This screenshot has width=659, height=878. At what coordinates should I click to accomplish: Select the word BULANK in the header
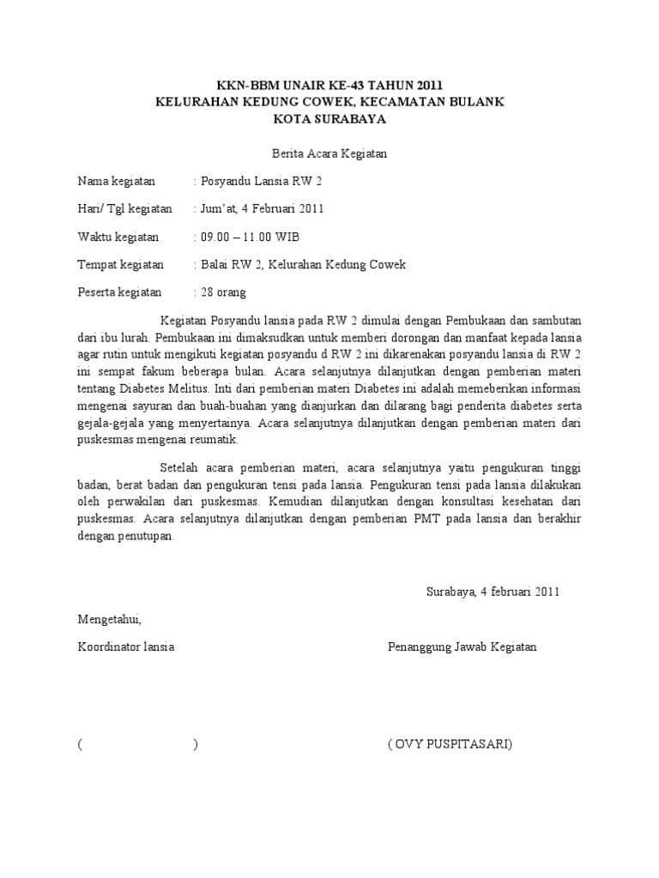click(478, 102)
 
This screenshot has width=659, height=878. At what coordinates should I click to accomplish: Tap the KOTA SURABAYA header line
click(329, 119)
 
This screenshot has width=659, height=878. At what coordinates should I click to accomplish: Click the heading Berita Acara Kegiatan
click(329, 154)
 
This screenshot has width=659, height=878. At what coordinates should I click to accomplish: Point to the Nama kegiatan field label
click(117, 181)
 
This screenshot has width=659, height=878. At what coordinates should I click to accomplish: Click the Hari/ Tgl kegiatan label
click(125, 208)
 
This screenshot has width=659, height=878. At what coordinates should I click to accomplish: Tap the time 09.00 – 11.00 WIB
click(250, 237)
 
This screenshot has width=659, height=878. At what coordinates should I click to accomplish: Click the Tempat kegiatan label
click(121, 264)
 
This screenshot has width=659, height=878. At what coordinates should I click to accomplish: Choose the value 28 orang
click(223, 292)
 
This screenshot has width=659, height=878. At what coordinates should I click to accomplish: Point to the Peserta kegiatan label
click(120, 292)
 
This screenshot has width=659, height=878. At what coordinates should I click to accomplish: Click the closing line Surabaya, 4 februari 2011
click(493, 592)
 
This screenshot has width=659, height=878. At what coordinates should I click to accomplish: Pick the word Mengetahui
click(109, 619)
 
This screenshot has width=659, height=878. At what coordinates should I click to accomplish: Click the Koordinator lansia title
click(126, 646)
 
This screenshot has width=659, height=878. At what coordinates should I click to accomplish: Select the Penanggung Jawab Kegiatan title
click(463, 646)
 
